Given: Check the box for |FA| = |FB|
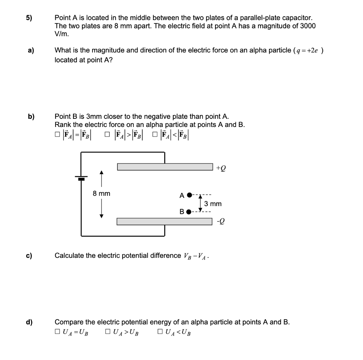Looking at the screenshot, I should point(57,135).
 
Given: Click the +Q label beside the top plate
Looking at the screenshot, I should point(220,168).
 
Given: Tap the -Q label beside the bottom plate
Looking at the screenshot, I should point(220,221).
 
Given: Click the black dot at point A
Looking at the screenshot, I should point(189,195).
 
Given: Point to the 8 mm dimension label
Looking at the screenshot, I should point(101,193).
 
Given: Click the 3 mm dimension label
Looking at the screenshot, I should point(213,204).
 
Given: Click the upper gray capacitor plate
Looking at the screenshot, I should point(165,167).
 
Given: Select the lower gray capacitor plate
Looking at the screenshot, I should point(165,221).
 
